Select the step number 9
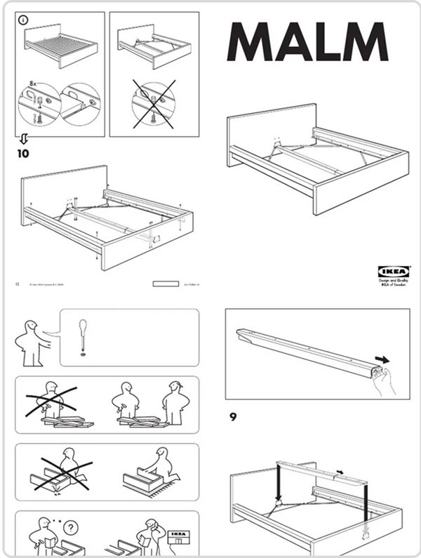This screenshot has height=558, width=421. tap(233, 417)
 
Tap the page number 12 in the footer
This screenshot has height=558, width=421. tap(17, 284)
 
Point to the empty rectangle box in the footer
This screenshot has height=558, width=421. tap(166, 284)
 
